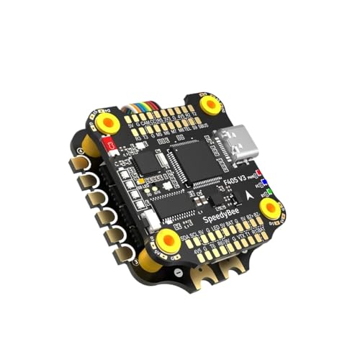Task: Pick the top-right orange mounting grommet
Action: (x=210, y=105)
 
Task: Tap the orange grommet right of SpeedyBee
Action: (x=270, y=209)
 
